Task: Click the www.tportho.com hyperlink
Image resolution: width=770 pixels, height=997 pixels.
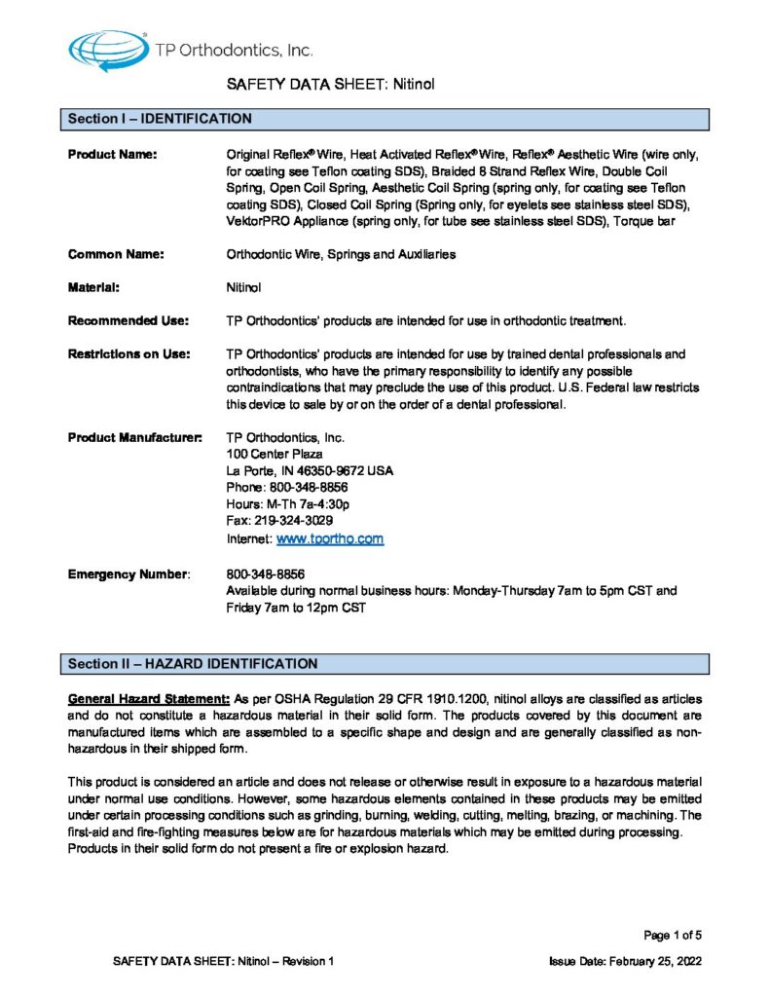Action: [x=330, y=538]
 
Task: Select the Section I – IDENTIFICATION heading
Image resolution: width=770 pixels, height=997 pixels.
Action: [x=160, y=120]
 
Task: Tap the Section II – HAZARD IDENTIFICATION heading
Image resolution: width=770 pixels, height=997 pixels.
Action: [x=192, y=664]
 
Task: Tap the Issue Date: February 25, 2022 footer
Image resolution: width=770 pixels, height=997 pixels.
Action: [x=625, y=961]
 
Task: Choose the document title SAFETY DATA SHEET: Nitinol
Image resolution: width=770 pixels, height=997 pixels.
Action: [x=330, y=85]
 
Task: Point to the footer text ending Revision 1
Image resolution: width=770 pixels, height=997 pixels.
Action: [x=224, y=961]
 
